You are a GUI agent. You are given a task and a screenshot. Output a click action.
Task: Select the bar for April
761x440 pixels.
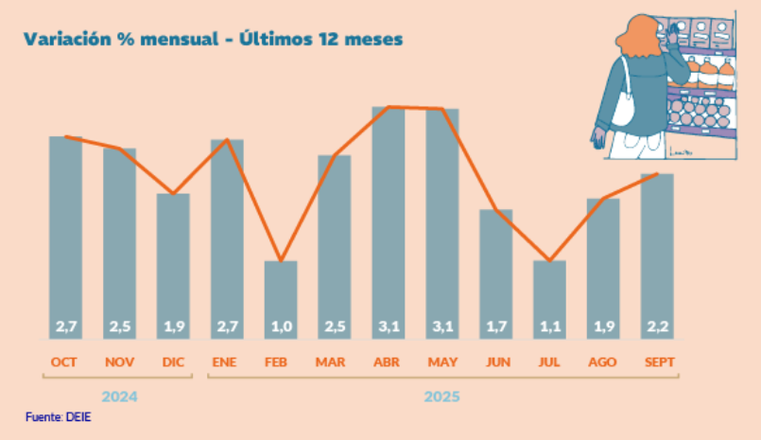(x=388, y=221)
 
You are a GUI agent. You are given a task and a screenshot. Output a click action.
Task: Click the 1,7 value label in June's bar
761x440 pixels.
(x=496, y=327)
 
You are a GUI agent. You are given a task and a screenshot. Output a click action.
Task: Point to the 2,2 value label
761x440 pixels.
(x=658, y=327)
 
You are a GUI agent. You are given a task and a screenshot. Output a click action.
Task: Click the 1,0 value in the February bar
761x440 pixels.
(x=281, y=327)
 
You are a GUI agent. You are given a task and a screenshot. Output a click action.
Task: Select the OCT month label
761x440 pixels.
(x=65, y=362)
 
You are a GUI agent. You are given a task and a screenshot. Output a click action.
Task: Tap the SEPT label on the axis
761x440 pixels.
(x=658, y=362)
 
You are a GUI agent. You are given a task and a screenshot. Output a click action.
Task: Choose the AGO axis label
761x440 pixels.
(x=603, y=362)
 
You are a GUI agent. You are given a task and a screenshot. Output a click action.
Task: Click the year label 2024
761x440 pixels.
(x=120, y=397)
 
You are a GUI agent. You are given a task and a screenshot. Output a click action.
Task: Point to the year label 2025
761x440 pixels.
(x=442, y=397)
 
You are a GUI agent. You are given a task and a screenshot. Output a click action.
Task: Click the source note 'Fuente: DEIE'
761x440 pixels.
(x=59, y=417)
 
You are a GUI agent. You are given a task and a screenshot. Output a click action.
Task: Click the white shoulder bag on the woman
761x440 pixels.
(x=622, y=107)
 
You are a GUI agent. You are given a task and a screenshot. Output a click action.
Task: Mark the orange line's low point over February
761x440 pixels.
(x=281, y=261)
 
